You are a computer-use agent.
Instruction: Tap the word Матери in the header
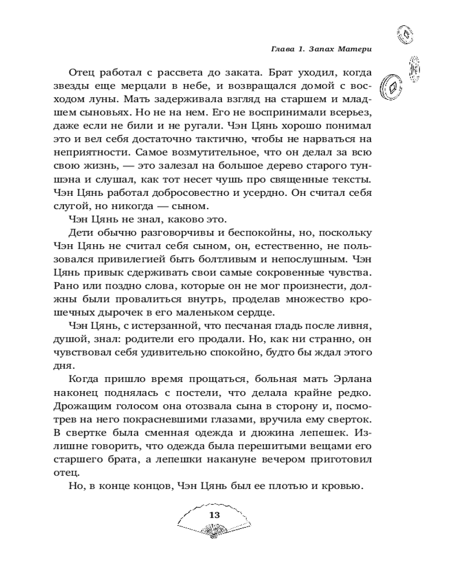click(353, 50)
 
